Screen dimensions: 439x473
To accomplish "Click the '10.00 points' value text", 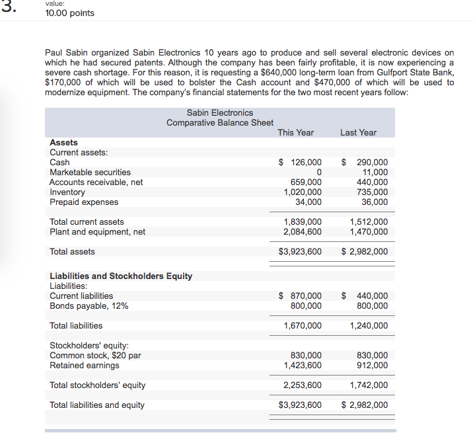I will [x=69, y=13].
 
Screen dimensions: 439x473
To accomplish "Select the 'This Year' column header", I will [x=295, y=132].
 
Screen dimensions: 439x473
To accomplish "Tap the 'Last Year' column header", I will [x=358, y=132].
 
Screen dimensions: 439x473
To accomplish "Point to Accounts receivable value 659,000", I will [x=307, y=182].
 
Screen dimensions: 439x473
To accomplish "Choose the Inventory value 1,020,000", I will [x=303, y=192].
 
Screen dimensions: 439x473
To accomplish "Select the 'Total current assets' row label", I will [x=87, y=221].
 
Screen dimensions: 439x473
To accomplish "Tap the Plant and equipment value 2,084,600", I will [x=303, y=231].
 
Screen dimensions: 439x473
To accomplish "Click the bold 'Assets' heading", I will [x=63, y=142].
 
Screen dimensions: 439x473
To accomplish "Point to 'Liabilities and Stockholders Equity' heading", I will [x=121, y=276].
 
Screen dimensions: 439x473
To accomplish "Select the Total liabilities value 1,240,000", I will [x=369, y=325].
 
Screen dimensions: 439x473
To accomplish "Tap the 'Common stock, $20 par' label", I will [x=95, y=355].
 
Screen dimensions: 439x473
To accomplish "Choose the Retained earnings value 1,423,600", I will [x=303, y=365].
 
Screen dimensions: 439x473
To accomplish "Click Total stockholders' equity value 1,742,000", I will [x=369, y=385].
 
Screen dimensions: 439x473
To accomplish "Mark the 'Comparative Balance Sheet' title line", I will [x=219, y=122].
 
